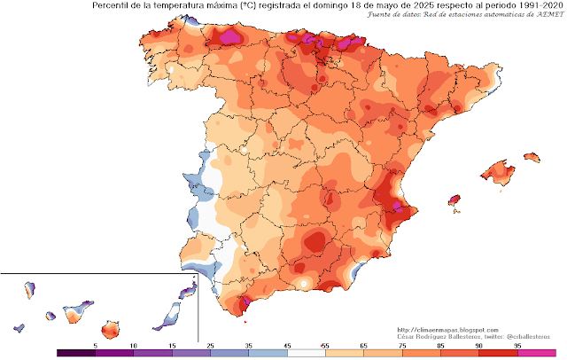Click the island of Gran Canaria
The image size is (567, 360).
(111, 329)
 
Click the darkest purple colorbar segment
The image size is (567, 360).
(74, 352)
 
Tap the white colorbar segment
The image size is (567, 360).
(307, 352)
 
